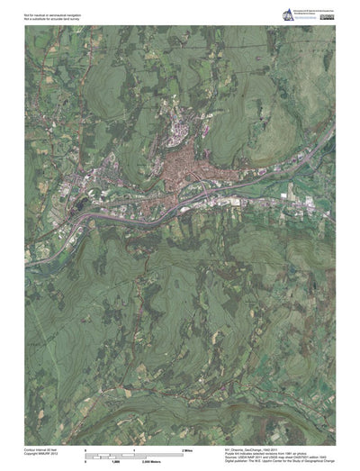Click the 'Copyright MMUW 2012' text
43,452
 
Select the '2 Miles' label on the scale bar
190,448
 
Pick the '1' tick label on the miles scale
134,448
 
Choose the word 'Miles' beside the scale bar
192,448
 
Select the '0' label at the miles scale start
85,448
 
